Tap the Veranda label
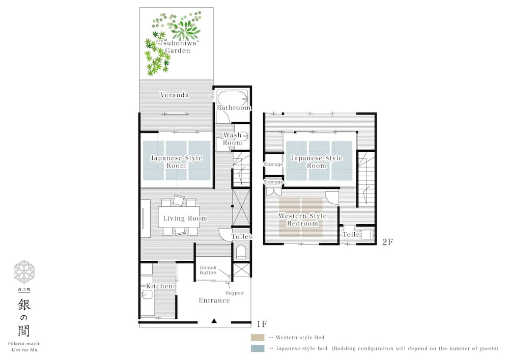[175, 95]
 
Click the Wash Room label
[233, 139]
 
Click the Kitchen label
[159, 286]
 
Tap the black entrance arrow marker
[214, 321]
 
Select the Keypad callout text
[235, 293]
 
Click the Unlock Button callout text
[208, 270]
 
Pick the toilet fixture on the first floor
[241, 252]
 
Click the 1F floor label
[262, 323]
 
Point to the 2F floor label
[387, 242]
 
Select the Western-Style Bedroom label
[302, 220]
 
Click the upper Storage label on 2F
[273, 164]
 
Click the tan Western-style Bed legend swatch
[258, 337]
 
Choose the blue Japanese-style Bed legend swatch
[258, 349]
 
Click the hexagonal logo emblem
[24, 271]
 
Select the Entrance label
[214, 300]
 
